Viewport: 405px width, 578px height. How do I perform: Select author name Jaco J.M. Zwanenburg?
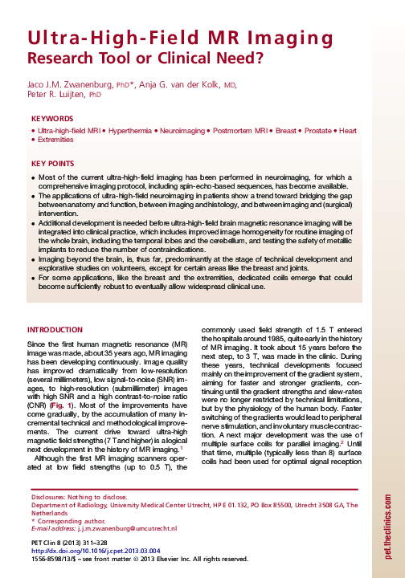point(70,83)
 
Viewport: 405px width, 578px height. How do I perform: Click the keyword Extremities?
point(57,140)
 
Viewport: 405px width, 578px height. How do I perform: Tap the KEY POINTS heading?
point(53,163)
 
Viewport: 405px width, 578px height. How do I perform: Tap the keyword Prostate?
point(312,130)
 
